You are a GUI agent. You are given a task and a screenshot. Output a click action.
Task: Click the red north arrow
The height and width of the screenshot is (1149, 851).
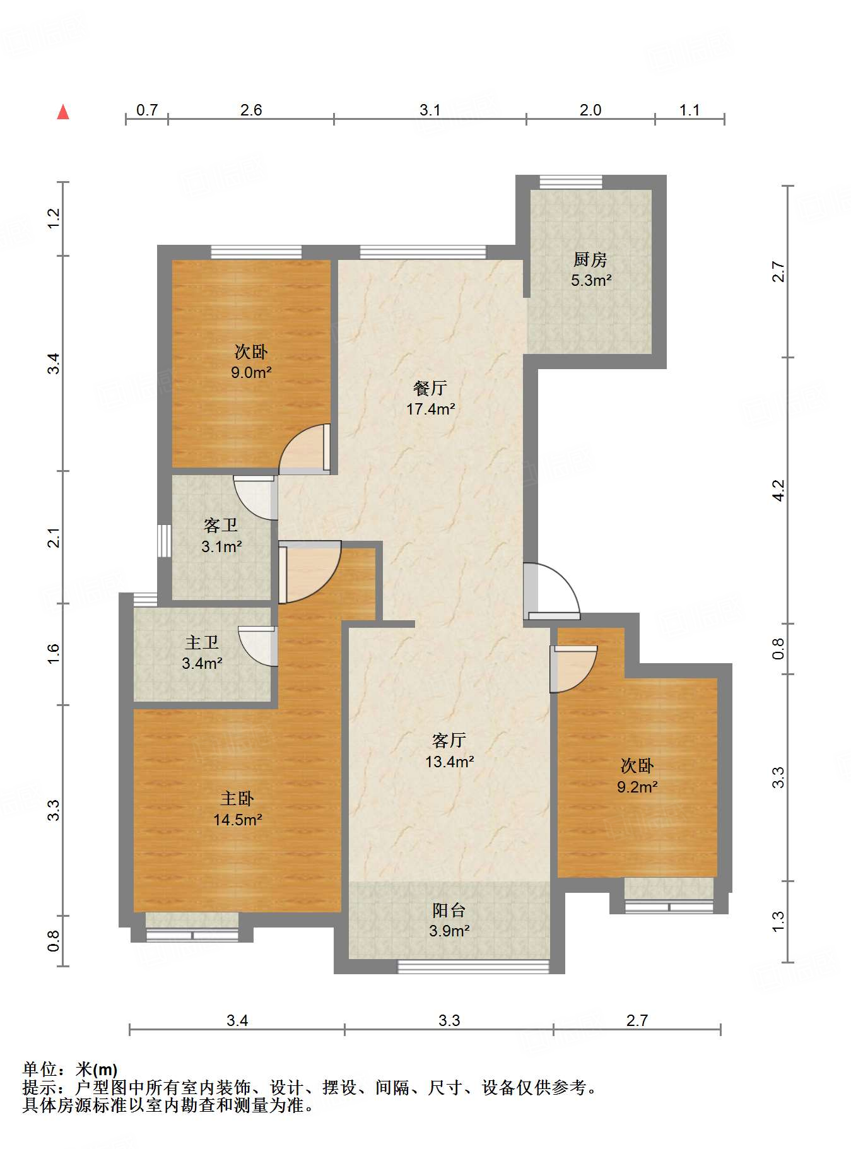[x=63, y=112]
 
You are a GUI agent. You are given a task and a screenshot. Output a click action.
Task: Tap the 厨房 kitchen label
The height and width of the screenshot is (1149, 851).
[x=590, y=259]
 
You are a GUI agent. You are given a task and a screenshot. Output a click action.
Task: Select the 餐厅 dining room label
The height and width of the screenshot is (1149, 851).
[x=430, y=388]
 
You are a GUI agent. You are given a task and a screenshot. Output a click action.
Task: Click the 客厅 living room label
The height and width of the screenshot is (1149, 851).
[x=449, y=740]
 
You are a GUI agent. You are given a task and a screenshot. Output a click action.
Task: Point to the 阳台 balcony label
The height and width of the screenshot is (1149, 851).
[x=449, y=910]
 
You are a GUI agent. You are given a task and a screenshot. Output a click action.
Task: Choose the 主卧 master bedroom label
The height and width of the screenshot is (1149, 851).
[x=237, y=799]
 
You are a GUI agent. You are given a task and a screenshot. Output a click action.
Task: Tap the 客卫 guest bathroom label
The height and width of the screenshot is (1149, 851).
[x=221, y=526]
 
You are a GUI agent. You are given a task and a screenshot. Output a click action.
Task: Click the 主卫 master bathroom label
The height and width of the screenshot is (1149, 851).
[x=202, y=642]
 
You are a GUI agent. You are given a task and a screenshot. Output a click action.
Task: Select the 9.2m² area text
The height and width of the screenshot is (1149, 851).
[x=637, y=787]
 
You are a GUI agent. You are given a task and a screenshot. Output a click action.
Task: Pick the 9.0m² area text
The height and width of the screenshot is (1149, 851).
[x=251, y=372]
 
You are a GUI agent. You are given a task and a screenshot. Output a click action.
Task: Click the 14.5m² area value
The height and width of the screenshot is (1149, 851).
[x=238, y=820]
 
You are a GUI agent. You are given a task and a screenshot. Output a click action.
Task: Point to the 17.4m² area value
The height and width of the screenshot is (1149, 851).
[x=431, y=409]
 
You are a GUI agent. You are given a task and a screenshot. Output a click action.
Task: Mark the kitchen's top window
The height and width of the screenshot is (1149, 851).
[x=571, y=182]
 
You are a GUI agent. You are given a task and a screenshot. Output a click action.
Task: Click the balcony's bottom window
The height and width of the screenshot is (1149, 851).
[x=474, y=967]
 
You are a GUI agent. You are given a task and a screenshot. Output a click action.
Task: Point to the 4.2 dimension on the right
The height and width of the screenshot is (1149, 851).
[x=779, y=490]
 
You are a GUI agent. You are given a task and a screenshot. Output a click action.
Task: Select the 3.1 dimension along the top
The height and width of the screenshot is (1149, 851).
[x=430, y=110]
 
